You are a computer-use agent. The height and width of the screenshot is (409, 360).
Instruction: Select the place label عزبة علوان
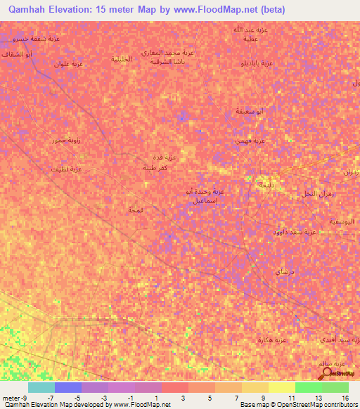(x=69, y=64)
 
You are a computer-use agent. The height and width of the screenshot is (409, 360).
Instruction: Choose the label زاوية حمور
(x=65, y=141)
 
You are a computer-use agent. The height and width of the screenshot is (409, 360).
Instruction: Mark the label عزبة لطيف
(x=66, y=169)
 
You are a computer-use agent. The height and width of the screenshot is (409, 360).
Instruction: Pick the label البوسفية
(x=342, y=221)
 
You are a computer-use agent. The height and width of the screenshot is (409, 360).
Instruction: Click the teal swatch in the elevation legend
(x=41, y=387)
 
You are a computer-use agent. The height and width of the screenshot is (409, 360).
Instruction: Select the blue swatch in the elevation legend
(x=68, y=387)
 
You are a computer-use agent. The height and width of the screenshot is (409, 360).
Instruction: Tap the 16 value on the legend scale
(x=346, y=398)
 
